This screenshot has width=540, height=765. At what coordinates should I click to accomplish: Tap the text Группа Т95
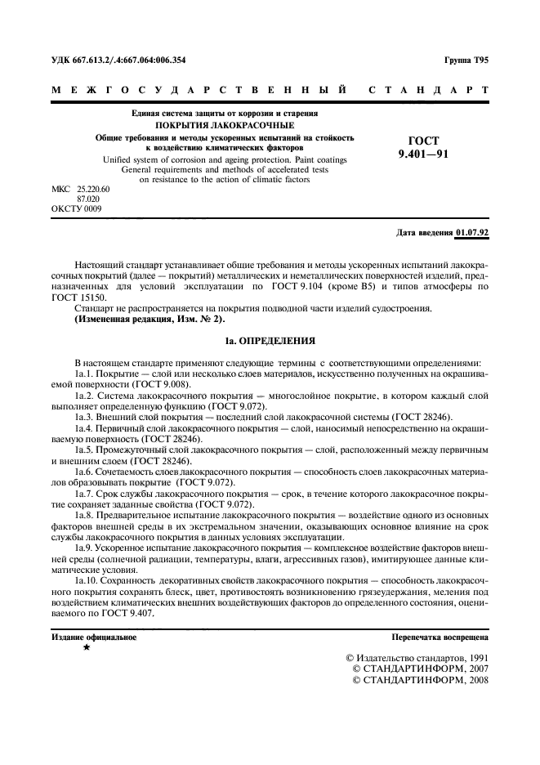click(x=466, y=60)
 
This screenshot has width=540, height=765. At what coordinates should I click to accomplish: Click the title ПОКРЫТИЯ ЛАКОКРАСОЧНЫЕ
click(x=218, y=126)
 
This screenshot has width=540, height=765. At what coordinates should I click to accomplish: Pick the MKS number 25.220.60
click(x=92, y=190)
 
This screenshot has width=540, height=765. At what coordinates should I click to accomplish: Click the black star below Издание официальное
click(x=87, y=646)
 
